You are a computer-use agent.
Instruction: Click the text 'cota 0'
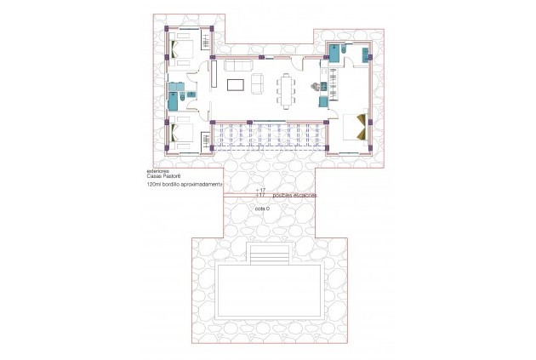pos(261,209)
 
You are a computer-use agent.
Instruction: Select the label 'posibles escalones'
pos(289,195)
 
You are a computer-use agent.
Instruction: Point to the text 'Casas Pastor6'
pos(165,175)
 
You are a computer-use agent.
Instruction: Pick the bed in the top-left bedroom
pos(185,47)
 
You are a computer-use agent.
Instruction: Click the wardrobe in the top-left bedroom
pos(207,43)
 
